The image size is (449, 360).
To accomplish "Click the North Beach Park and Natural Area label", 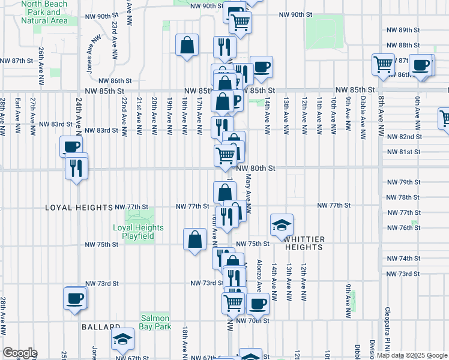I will click(44, 12).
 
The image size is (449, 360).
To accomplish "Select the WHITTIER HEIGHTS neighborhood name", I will click(304, 243).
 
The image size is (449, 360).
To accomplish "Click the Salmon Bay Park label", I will click(155, 322).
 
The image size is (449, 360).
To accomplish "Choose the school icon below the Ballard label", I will click(123, 340).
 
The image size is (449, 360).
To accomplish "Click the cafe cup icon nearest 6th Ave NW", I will click(421, 65).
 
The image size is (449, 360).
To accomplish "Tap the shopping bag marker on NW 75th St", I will click(194, 240).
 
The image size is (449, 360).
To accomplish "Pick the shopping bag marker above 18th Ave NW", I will click(187, 45).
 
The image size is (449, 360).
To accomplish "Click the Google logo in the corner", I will click(19, 353).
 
